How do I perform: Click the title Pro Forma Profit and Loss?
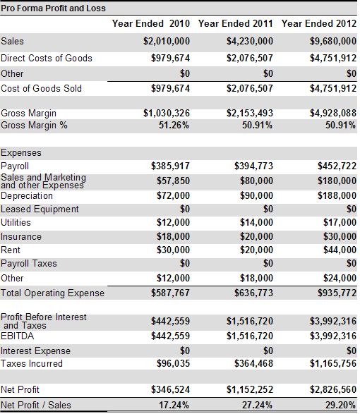click(53, 8)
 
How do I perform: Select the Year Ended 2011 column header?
click(236, 24)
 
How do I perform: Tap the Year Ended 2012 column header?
click(319, 24)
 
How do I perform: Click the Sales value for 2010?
click(167, 41)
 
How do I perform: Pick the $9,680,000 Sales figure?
click(333, 41)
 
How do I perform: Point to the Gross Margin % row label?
click(34, 125)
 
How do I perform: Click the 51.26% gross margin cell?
click(174, 125)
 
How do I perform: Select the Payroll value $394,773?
click(253, 166)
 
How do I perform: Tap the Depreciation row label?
click(27, 196)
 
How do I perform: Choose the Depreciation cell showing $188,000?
click(337, 195)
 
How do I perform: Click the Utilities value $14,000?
click(256, 223)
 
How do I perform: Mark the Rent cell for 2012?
click(340, 250)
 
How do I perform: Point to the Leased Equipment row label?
click(40, 209)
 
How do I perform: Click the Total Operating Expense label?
click(53, 293)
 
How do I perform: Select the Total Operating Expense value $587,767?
click(171, 293)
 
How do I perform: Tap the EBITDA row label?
click(18, 336)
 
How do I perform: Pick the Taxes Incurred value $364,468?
click(253, 363)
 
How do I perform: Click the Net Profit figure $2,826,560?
click(333, 389)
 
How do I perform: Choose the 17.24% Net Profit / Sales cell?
click(174, 405)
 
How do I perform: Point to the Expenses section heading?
click(21, 153)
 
